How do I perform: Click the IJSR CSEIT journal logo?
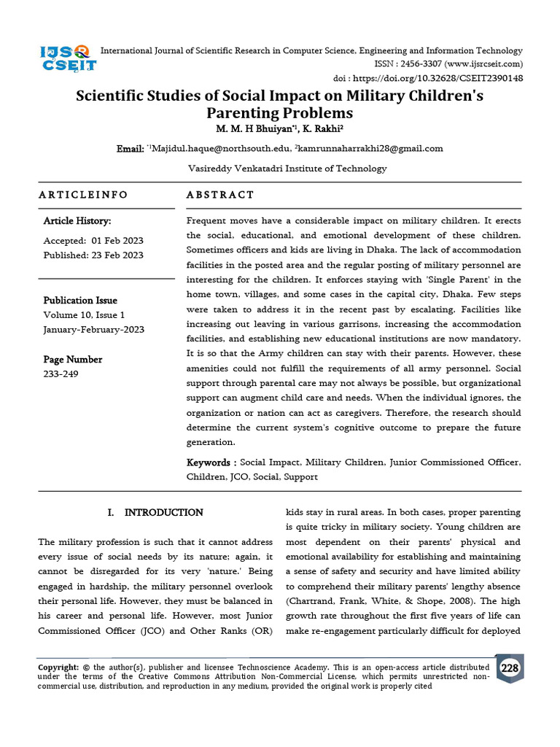pyautogui.click(x=67, y=57)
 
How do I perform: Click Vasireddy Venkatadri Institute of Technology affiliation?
pyautogui.click(x=287, y=169)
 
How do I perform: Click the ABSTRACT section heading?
pyautogui.click(x=220, y=195)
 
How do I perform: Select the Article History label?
pyautogui.click(x=77, y=221)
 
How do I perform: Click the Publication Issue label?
pyautogui.click(x=80, y=301)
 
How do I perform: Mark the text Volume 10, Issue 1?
pyautogui.click(x=85, y=315)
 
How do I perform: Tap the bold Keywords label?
pyautogui.click(x=211, y=462)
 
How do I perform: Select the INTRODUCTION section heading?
pyautogui.click(x=163, y=513)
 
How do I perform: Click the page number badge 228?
pyautogui.click(x=509, y=667)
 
